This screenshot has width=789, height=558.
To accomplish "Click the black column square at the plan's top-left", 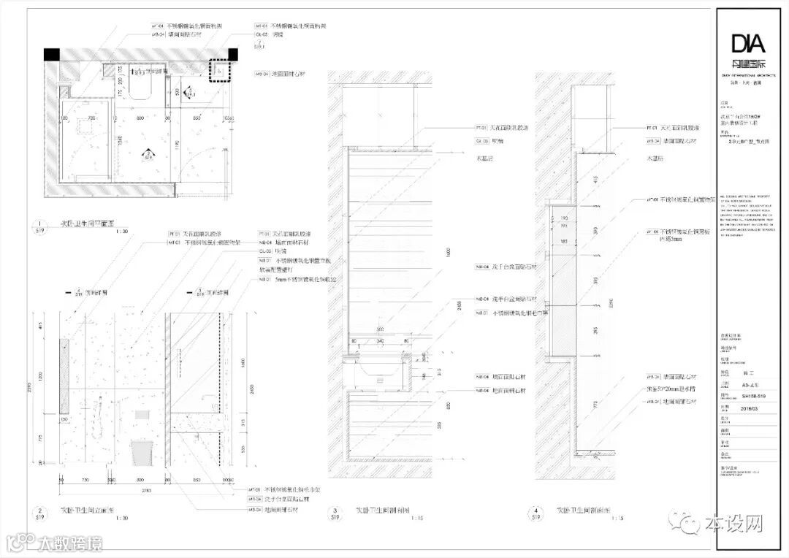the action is coord(52,56).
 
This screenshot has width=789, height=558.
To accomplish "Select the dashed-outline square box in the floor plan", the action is coord(219,71).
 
